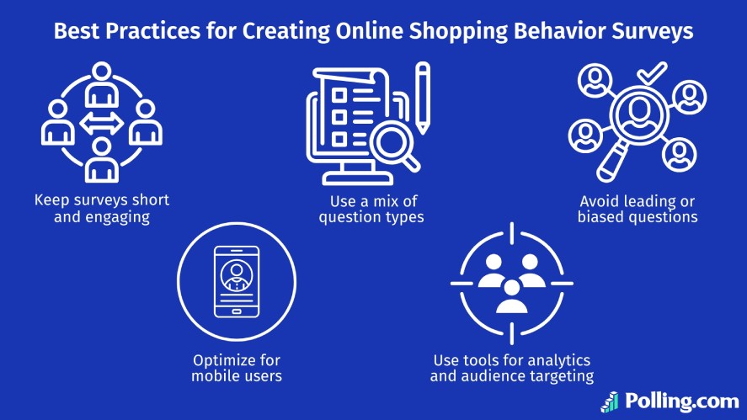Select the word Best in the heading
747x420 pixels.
coord(75,32)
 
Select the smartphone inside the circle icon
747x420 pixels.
coord(237,280)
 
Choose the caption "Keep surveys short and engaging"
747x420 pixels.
coord(102,208)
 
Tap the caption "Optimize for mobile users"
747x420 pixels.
coord(237,367)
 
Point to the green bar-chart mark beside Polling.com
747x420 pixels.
coord(611,401)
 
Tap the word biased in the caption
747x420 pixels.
coord(609,216)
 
